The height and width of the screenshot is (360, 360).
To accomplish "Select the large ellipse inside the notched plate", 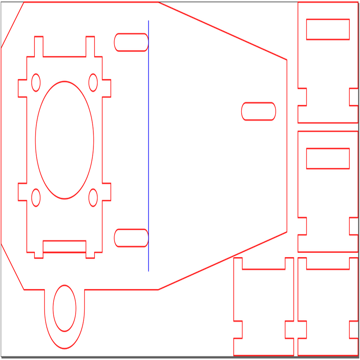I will pos(64,140).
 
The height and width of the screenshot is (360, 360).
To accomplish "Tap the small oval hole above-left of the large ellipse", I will pos(36,83).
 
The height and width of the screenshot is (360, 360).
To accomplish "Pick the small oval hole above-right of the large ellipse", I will pos(93,83).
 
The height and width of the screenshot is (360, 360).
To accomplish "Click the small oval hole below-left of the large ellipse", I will pos(36,198).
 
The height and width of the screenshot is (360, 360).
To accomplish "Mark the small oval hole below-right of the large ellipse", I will pos(93,198).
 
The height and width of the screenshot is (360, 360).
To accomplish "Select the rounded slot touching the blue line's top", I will pos(131,42).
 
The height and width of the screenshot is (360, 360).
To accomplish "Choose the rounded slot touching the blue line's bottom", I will pos(131,238).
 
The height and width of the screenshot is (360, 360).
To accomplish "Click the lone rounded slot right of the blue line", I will pos(258,111).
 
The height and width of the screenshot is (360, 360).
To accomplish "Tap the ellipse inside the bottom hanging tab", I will pos(64,308).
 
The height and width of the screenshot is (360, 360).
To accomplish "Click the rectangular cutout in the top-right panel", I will pos(328,30).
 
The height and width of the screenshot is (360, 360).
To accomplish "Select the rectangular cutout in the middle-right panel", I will pos(328,159).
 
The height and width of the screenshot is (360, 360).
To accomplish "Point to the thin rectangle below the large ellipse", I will pos(64,246).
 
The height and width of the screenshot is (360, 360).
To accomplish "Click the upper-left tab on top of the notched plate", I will pos(39,46).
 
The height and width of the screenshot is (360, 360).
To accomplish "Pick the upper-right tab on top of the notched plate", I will pos(90,46).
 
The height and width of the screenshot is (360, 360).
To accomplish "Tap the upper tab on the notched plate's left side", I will pos(22,88).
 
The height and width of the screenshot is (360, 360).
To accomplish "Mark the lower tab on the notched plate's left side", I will pos(22,192).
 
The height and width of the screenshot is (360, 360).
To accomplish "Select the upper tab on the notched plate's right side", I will pos(107,88).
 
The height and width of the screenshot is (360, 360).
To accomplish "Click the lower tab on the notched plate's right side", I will pos(107,192).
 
